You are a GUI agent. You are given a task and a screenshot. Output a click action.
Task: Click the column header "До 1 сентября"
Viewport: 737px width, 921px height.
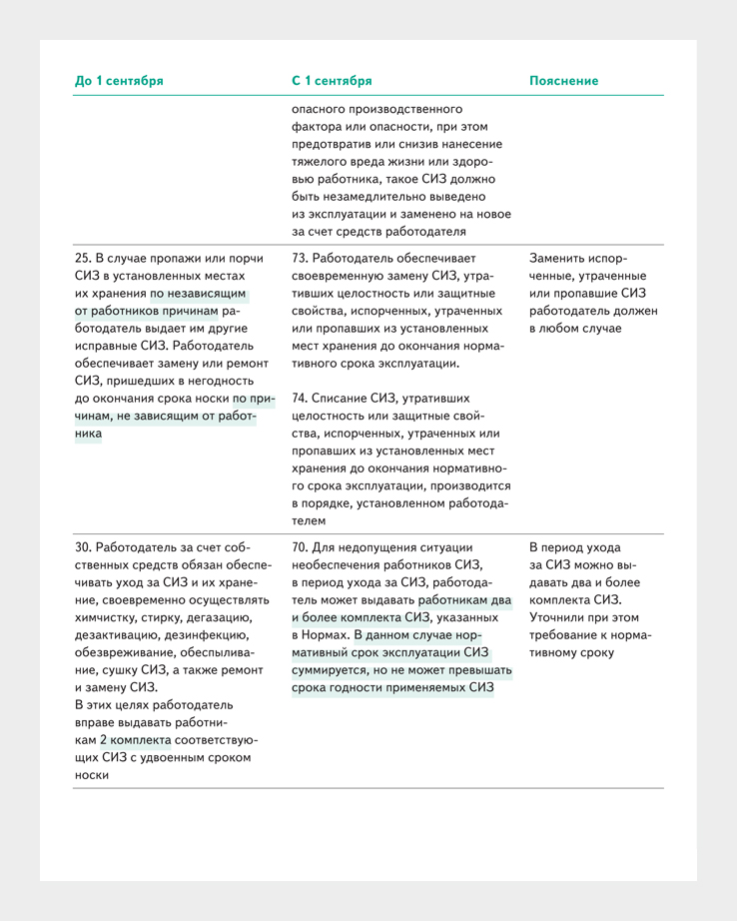[119, 81]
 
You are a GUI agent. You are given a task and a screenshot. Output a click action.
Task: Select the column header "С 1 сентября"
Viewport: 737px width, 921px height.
[332, 81]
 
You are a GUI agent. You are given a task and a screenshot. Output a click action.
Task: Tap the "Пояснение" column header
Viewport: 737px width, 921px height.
[563, 81]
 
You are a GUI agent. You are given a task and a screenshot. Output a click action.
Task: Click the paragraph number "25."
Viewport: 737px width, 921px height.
[84, 257]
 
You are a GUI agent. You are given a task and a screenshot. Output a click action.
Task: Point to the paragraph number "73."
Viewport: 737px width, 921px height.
[301, 257]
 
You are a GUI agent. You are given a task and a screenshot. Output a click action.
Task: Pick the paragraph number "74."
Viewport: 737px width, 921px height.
[301, 397]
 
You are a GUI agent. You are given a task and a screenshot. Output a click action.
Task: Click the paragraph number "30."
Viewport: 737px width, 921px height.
[84, 546]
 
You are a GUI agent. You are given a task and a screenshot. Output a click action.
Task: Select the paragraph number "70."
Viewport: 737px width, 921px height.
[301, 546]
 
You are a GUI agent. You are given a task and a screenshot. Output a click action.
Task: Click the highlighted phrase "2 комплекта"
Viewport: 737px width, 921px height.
[135, 740]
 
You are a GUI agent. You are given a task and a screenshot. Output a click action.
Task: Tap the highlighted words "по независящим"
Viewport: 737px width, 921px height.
[199, 294]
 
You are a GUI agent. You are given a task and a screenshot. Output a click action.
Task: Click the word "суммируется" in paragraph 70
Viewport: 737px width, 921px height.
[332, 669]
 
